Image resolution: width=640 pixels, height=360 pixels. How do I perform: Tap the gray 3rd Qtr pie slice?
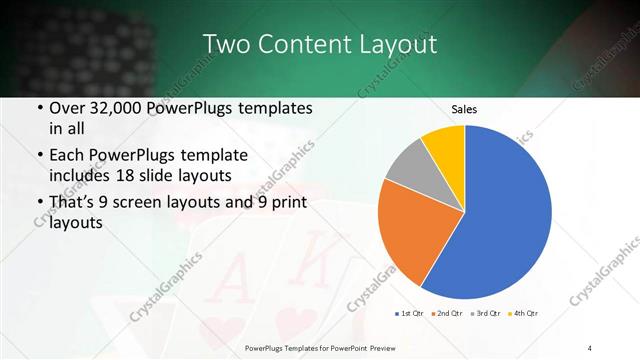pyautogui.click(x=407, y=165)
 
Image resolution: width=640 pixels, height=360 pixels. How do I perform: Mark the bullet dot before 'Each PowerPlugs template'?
pyautogui.click(x=38, y=156)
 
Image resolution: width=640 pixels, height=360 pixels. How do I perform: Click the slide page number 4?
pyautogui.click(x=590, y=347)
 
